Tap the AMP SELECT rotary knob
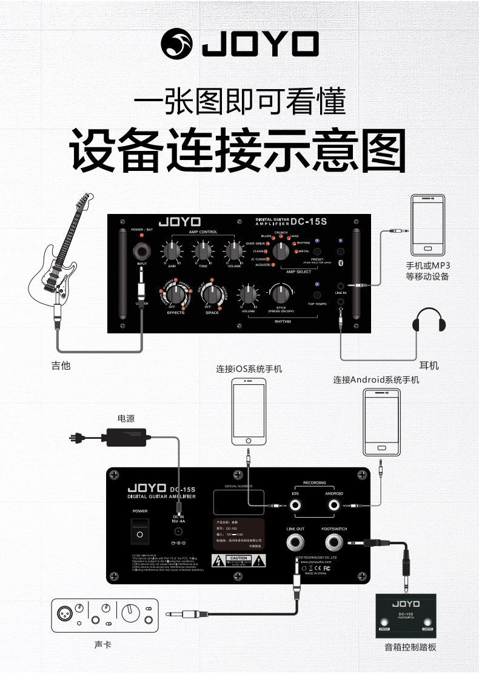point(281,250)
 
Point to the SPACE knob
point(211,294)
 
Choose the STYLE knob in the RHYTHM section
point(280,294)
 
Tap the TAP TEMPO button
point(317,295)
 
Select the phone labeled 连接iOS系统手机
point(249,412)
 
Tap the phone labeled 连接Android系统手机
point(381,422)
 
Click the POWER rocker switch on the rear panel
point(140,533)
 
